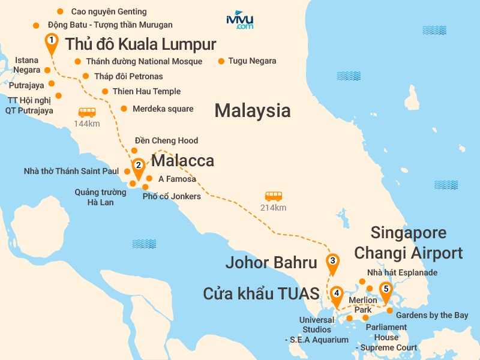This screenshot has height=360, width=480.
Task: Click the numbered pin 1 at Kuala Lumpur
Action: [x=52, y=41]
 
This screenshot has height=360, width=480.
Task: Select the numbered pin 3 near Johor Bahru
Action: [x=332, y=262]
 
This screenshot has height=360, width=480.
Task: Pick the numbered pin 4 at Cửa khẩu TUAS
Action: [x=337, y=295]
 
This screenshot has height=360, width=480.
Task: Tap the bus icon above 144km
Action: [x=87, y=112]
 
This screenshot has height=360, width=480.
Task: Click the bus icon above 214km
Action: [x=274, y=196]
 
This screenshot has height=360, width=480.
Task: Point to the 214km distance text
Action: [x=273, y=208]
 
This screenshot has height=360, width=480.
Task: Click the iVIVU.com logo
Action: [x=239, y=20]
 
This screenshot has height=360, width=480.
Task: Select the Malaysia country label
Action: [x=253, y=110]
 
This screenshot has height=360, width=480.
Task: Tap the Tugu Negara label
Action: [x=251, y=61]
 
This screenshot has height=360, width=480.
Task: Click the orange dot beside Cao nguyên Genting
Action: [x=59, y=11]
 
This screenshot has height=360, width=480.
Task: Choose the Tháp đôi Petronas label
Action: [x=128, y=76]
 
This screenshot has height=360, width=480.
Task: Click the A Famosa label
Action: [x=177, y=179]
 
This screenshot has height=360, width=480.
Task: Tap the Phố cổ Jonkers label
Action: [x=172, y=196]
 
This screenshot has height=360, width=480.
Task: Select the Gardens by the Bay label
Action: [x=432, y=315]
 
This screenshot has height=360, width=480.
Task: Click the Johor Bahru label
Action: [x=271, y=262]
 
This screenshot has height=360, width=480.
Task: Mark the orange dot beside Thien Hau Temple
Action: [x=105, y=91]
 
